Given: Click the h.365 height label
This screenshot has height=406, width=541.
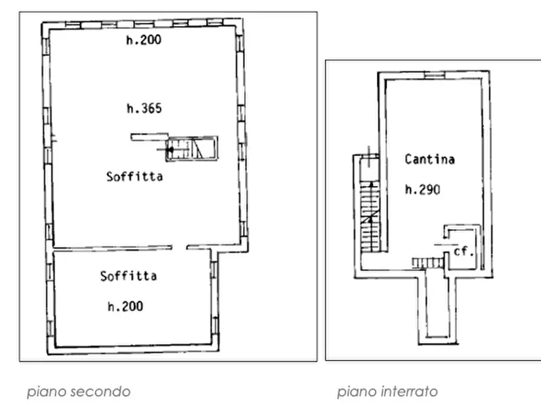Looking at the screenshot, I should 144,109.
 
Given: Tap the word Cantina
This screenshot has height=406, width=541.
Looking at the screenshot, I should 430,160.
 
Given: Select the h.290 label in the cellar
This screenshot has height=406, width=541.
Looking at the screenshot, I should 422,190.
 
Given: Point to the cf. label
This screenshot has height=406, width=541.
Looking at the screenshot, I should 463,251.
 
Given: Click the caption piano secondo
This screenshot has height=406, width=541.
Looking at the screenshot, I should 78,391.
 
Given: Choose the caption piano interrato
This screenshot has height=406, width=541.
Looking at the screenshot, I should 387,391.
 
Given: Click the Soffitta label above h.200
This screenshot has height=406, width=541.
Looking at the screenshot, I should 128,276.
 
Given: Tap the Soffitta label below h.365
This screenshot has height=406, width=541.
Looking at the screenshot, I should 134,177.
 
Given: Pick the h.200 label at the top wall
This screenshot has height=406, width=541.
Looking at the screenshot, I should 144,41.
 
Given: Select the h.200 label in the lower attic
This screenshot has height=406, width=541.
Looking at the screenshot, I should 125,307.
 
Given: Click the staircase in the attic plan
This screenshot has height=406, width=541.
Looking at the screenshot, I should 191,148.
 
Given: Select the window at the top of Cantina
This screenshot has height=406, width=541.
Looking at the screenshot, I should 434,75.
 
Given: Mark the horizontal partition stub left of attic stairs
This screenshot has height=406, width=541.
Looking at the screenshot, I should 149,138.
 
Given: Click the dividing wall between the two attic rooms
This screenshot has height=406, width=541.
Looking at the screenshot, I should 109,247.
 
